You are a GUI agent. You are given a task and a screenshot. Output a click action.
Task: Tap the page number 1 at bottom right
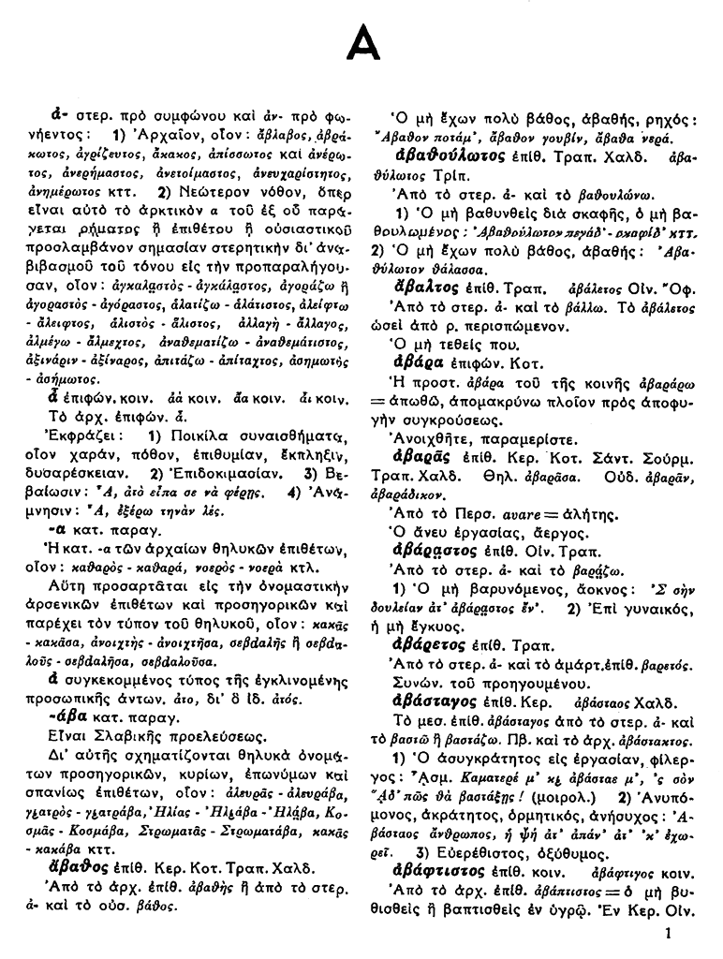[x=668, y=932]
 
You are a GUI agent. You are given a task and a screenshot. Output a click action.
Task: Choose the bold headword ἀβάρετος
[x=435, y=645]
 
